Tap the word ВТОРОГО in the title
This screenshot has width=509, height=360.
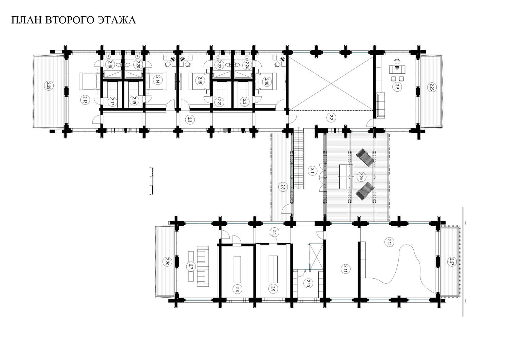69,20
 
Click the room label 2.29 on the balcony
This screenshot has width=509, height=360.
48,86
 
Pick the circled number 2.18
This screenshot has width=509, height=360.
110,64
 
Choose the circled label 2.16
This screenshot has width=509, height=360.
266,81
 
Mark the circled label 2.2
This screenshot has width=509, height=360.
331,118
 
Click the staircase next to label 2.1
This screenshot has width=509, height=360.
299,158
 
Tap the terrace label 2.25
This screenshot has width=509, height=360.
360,176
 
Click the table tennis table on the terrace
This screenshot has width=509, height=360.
346,177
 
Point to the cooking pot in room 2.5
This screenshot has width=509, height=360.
397,61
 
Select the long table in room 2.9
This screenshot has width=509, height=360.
273,269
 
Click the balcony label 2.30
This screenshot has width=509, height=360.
167,262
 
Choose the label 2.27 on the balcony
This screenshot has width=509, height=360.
451,262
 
